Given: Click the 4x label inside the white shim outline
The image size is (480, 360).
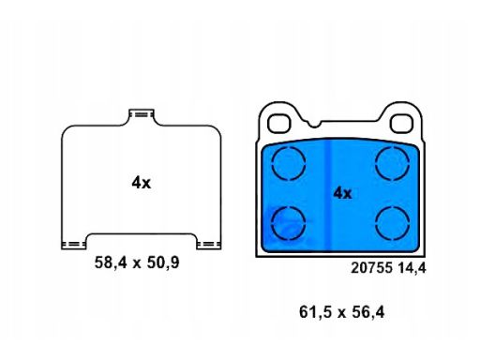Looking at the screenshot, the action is click(x=142, y=183).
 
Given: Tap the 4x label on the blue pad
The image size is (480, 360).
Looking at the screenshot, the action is click(x=342, y=193).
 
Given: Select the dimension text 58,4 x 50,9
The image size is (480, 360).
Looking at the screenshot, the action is click(x=137, y=262).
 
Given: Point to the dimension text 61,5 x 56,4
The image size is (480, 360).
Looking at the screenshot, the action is click(x=342, y=312).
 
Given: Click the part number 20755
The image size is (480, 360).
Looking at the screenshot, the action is click(x=371, y=268).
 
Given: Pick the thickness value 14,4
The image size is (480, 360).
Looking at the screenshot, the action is click(x=412, y=268).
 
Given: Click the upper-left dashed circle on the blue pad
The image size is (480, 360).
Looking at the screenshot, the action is click(x=289, y=163).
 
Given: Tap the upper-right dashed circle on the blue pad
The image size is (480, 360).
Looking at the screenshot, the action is click(x=393, y=163).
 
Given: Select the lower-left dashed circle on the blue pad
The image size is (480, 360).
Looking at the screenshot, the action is click(x=289, y=223).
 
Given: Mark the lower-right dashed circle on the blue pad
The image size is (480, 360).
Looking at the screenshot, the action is click(x=393, y=223).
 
